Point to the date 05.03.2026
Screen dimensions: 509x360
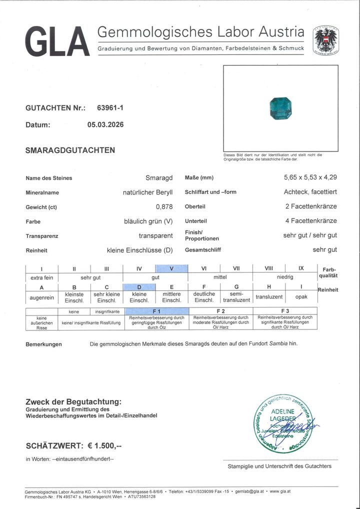pyautogui.click(x=105, y=125)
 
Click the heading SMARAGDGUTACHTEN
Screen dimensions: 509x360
pyautogui.click(x=70, y=150)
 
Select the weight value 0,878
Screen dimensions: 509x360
pyautogui.click(x=164, y=207)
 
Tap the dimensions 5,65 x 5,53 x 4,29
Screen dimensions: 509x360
pyautogui.click(x=310, y=178)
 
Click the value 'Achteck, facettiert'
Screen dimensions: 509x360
pyautogui.click(x=310, y=192)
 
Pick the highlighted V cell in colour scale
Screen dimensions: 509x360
pyautogui.click(x=171, y=268)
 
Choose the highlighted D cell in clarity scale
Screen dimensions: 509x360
pyautogui.click(x=139, y=287)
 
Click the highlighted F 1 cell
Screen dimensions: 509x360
pyautogui.click(x=156, y=311)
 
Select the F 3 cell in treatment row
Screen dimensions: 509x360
pyautogui.click(x=285, y=311)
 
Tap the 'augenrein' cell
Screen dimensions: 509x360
pyautogui.click(x=41, y=297)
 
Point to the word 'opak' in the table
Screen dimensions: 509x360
pyautogui.click(x=301, y=297)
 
